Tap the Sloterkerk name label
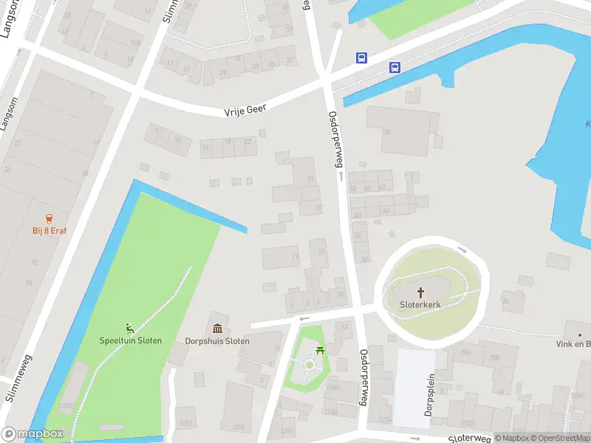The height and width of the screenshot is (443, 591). pos(420,303)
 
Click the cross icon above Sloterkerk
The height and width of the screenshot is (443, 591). pos(421,292)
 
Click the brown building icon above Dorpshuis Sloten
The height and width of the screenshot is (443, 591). pos(217,329)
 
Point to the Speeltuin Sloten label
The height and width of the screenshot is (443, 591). pos(131,340)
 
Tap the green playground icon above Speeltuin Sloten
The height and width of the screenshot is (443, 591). pos(130,329)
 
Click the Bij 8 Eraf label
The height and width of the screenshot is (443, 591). pos(49,230)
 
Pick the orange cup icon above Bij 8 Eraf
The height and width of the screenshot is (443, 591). pos(49,219)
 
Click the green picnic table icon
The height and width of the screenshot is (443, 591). pos(320,350)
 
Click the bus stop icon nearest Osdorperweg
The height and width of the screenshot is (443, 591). pos(361,58)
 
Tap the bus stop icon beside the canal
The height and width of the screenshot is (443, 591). pos(395,67)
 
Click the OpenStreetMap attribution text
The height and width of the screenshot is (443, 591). pos(561,438)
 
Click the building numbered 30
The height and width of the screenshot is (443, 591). pos(386,132)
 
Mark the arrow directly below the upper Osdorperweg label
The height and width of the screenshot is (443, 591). pos(341,176)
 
